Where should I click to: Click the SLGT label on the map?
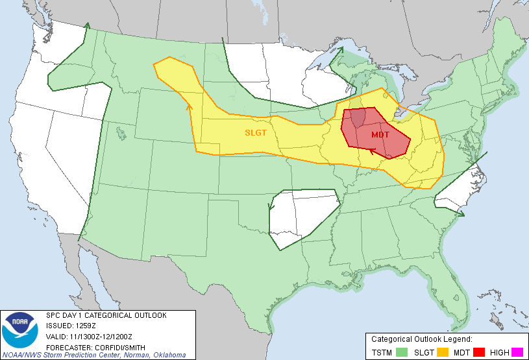point(256,132)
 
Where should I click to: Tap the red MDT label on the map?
point(381,134)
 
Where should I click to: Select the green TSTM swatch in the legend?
point(402,352)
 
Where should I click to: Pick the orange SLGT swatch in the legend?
point(442,352)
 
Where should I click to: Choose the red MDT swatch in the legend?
point(479,352)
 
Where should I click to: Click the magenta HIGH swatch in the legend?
point(517,352)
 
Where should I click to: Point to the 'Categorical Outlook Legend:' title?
point(421,339)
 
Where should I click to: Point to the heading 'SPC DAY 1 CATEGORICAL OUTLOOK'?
point(106,315)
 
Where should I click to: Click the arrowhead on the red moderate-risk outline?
point(371,152)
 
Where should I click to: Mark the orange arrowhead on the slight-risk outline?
point(190,106)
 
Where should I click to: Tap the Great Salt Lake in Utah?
point(121,132)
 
